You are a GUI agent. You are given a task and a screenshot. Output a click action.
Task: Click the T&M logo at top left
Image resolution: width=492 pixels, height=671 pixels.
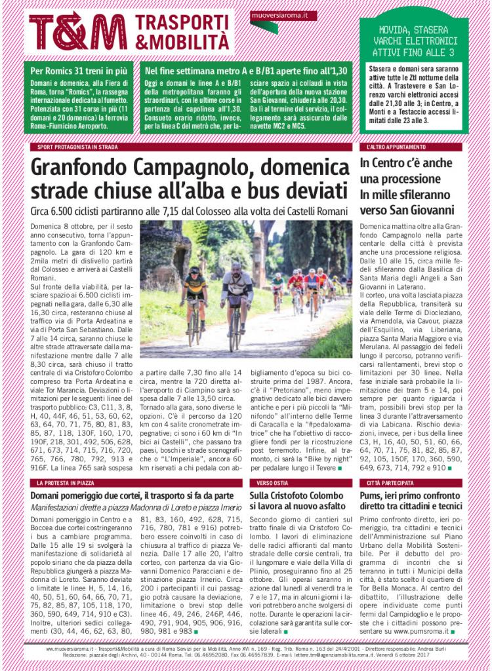pos(77,31)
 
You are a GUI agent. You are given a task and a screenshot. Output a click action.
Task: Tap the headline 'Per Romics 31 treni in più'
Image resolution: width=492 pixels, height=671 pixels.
pos(75,69)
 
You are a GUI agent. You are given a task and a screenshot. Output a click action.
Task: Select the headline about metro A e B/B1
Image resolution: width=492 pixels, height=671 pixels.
pos(246,69)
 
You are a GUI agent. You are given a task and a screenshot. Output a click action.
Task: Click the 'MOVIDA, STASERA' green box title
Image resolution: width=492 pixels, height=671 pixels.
pos(414,30)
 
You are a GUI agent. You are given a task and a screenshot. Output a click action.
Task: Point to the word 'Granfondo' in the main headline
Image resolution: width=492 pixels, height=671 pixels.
pos(89,168)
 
